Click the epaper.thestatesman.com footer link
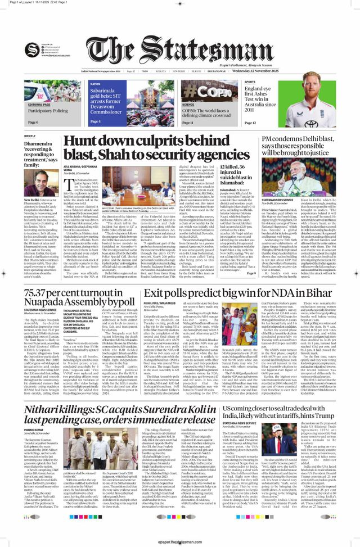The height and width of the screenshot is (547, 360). click(180, 543)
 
